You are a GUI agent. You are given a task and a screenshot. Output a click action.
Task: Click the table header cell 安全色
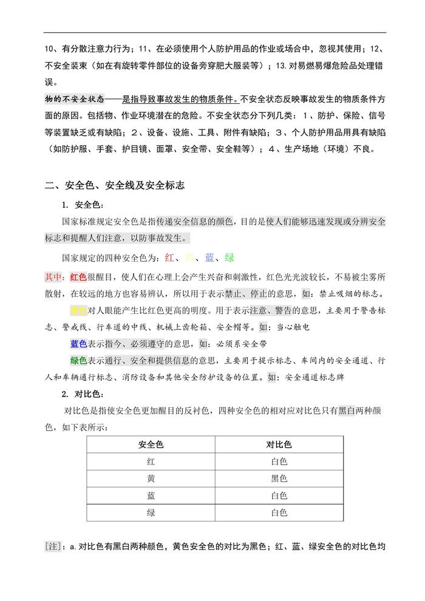[151, 444]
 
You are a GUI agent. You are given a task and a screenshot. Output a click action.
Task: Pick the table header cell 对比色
[279, 444]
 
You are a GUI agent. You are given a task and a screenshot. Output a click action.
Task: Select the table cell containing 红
[151, 461]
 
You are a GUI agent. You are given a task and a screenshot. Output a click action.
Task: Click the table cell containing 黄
[151, 478]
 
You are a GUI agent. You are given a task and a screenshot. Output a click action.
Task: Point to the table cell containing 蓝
[151, 495]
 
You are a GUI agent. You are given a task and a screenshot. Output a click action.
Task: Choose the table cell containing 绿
[151, 512]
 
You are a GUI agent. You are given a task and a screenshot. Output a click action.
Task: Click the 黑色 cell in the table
[279, 478]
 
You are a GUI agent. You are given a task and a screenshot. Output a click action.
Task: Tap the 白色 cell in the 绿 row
[279, 512]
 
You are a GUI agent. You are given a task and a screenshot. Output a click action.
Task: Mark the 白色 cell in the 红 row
[279, 461]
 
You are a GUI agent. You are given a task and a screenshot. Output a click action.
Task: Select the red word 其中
[55, 277]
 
